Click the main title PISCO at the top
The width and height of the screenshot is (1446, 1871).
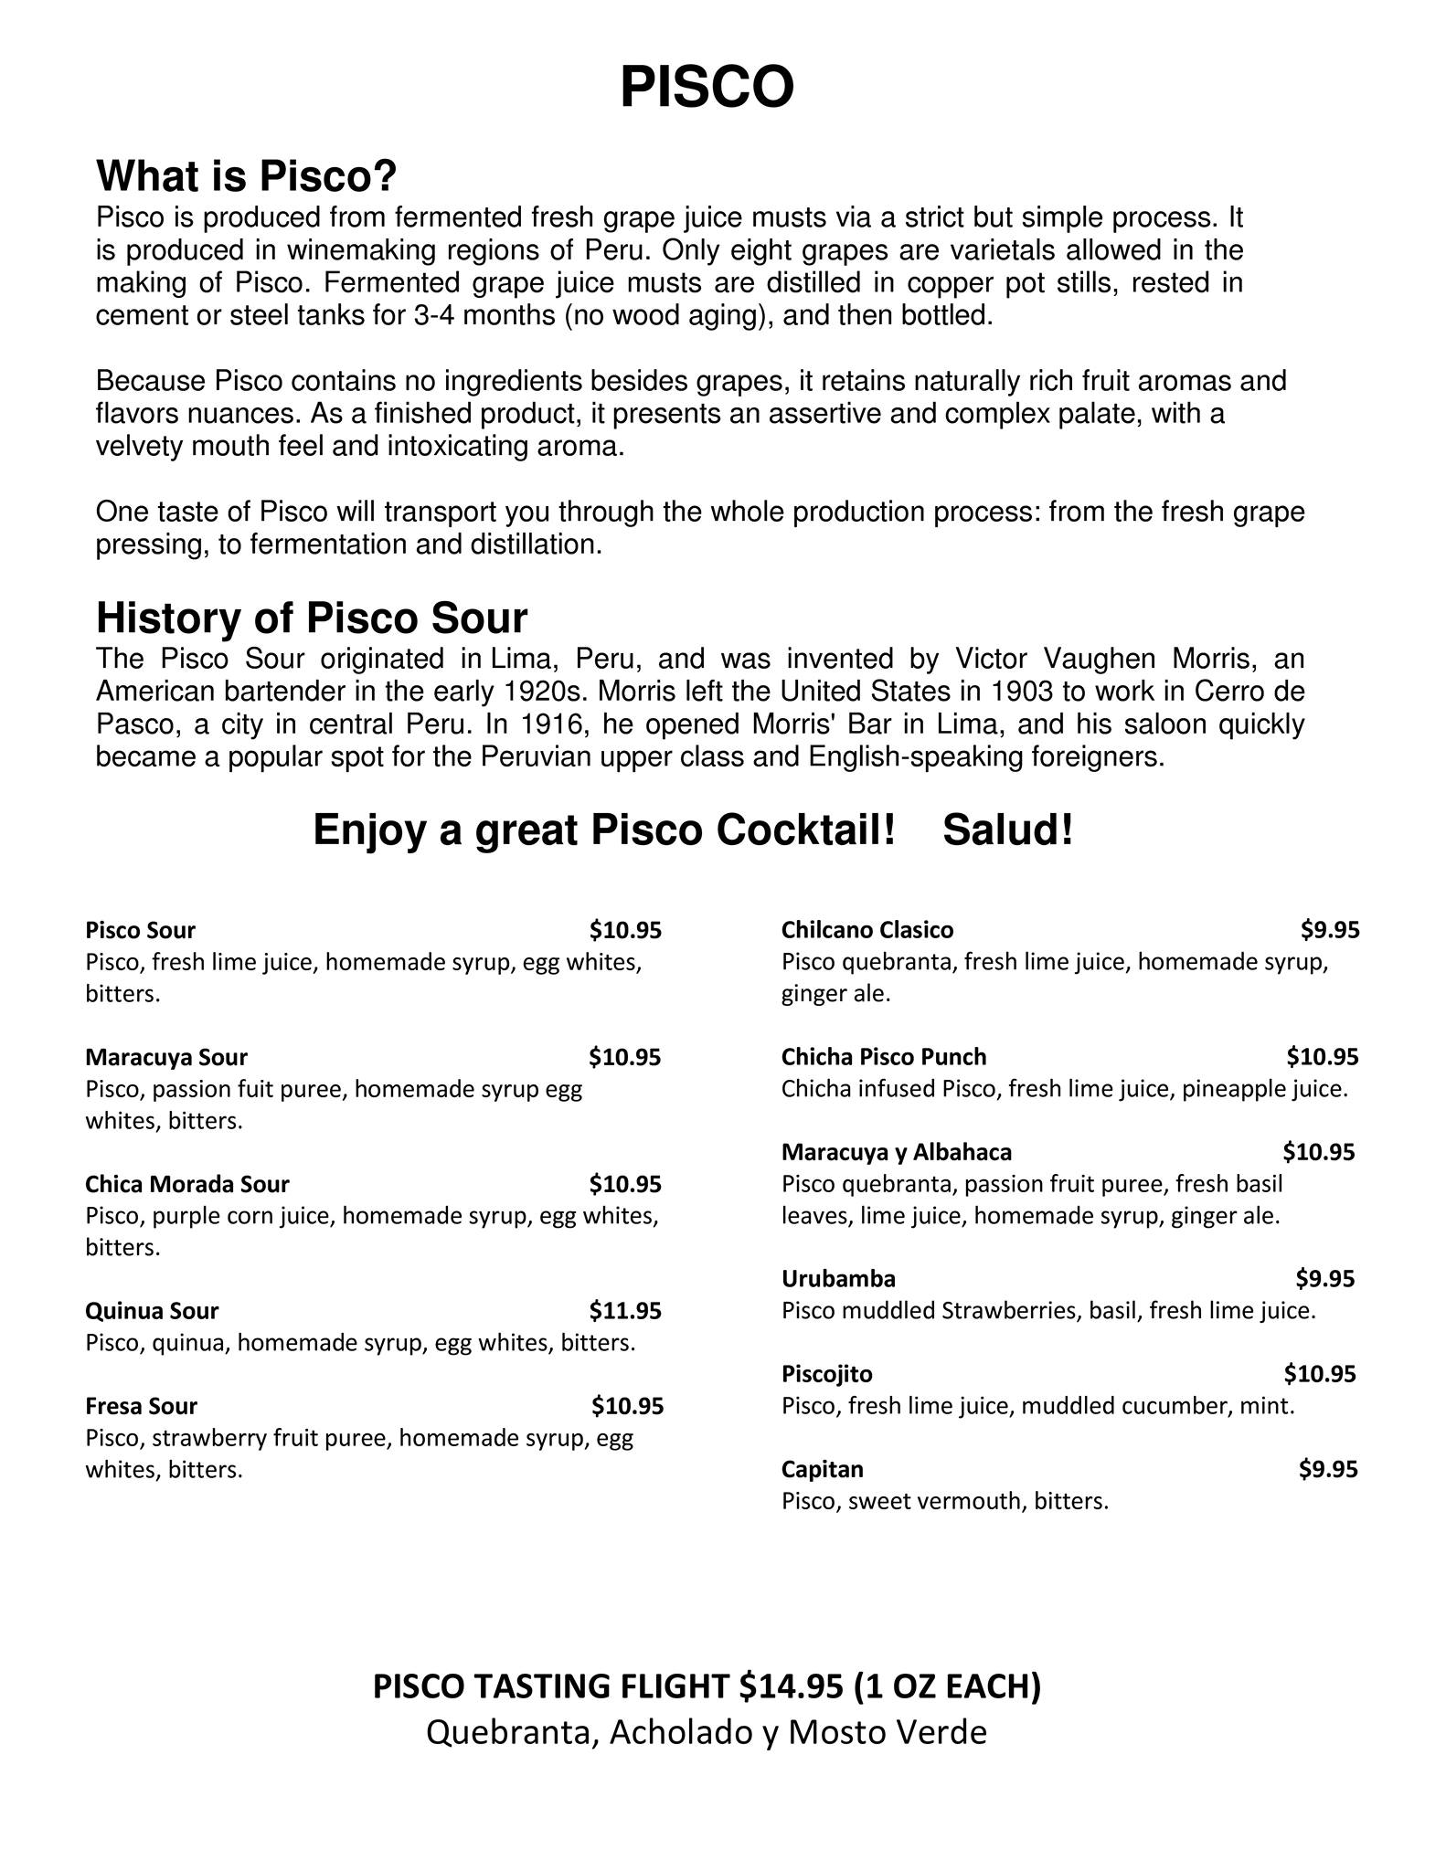[x=707, y=88]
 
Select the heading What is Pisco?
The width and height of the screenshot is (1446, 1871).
[x=246, y=176]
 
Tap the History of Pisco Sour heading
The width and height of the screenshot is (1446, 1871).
[x=312, y=618]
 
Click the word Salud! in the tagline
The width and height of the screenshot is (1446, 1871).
[x=1007, y=830]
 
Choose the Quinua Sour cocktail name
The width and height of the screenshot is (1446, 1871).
[x=152, y=1311]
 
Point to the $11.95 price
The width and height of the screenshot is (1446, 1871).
[x=625, y=1311]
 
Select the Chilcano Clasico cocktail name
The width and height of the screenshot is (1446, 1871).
[x=867, y=930]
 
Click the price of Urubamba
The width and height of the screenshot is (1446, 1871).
[x=1324, y=1278]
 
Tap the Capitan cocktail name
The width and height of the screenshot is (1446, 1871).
[x=822, y=1469]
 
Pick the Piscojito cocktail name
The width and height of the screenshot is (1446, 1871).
[x=826, y=1374]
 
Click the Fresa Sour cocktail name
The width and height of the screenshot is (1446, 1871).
[x=141, y=1406]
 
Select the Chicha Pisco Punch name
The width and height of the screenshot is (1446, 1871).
[x=883, y=1057]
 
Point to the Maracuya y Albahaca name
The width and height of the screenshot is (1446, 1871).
[x=896, y=1152]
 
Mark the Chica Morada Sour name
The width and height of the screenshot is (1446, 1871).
[x=186, y=1184]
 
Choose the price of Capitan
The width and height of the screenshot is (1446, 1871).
[x=1328, y=1469]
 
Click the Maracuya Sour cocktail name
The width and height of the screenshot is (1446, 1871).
[x=165, y=1057]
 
